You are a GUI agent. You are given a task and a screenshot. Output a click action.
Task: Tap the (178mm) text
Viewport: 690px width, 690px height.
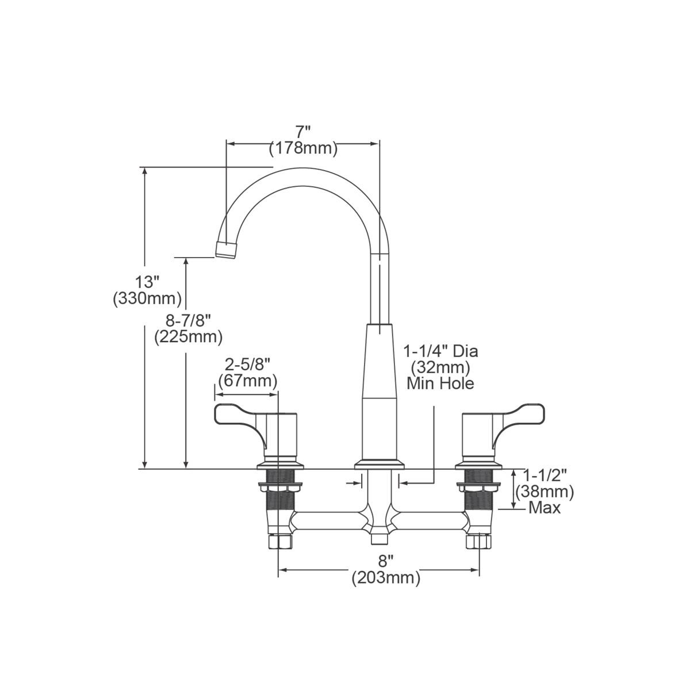click(303, 148)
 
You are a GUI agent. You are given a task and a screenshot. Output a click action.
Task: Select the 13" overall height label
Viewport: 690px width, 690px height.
click(147, 282)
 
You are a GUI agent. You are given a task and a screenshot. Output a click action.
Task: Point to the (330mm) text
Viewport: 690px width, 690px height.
click(147, 298)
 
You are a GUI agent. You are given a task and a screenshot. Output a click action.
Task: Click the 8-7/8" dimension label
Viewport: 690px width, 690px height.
click(187, 320)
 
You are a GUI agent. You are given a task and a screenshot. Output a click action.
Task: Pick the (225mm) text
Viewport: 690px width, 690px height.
click(188, 336)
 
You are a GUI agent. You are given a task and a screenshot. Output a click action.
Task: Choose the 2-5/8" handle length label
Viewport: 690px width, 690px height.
click(247, 364)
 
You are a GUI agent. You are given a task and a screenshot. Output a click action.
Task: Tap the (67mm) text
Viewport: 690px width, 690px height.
click(247, 380)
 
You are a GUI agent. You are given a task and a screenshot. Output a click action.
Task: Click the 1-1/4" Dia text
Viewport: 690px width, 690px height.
click(440, 351)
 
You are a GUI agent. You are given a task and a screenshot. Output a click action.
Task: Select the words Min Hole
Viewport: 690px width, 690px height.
click(440, 383)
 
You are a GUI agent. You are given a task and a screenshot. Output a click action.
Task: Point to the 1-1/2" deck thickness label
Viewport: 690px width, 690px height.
click(545, 475)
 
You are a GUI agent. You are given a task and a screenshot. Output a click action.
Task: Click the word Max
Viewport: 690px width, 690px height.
click(545, 508)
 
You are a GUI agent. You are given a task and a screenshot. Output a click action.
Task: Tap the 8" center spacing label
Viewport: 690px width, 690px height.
click(386, 562)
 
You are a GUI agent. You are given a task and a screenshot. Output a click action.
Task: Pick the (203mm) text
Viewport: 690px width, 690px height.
click(386, 578)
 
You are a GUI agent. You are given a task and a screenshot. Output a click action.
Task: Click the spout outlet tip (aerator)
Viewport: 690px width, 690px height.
click(227, 250)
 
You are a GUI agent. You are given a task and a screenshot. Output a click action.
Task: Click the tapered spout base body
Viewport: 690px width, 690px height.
click(379, 391)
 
